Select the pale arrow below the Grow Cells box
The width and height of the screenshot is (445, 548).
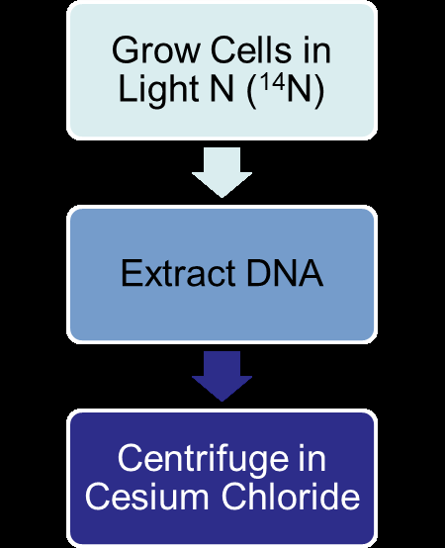pyautogui.click(x=222, y=174)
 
